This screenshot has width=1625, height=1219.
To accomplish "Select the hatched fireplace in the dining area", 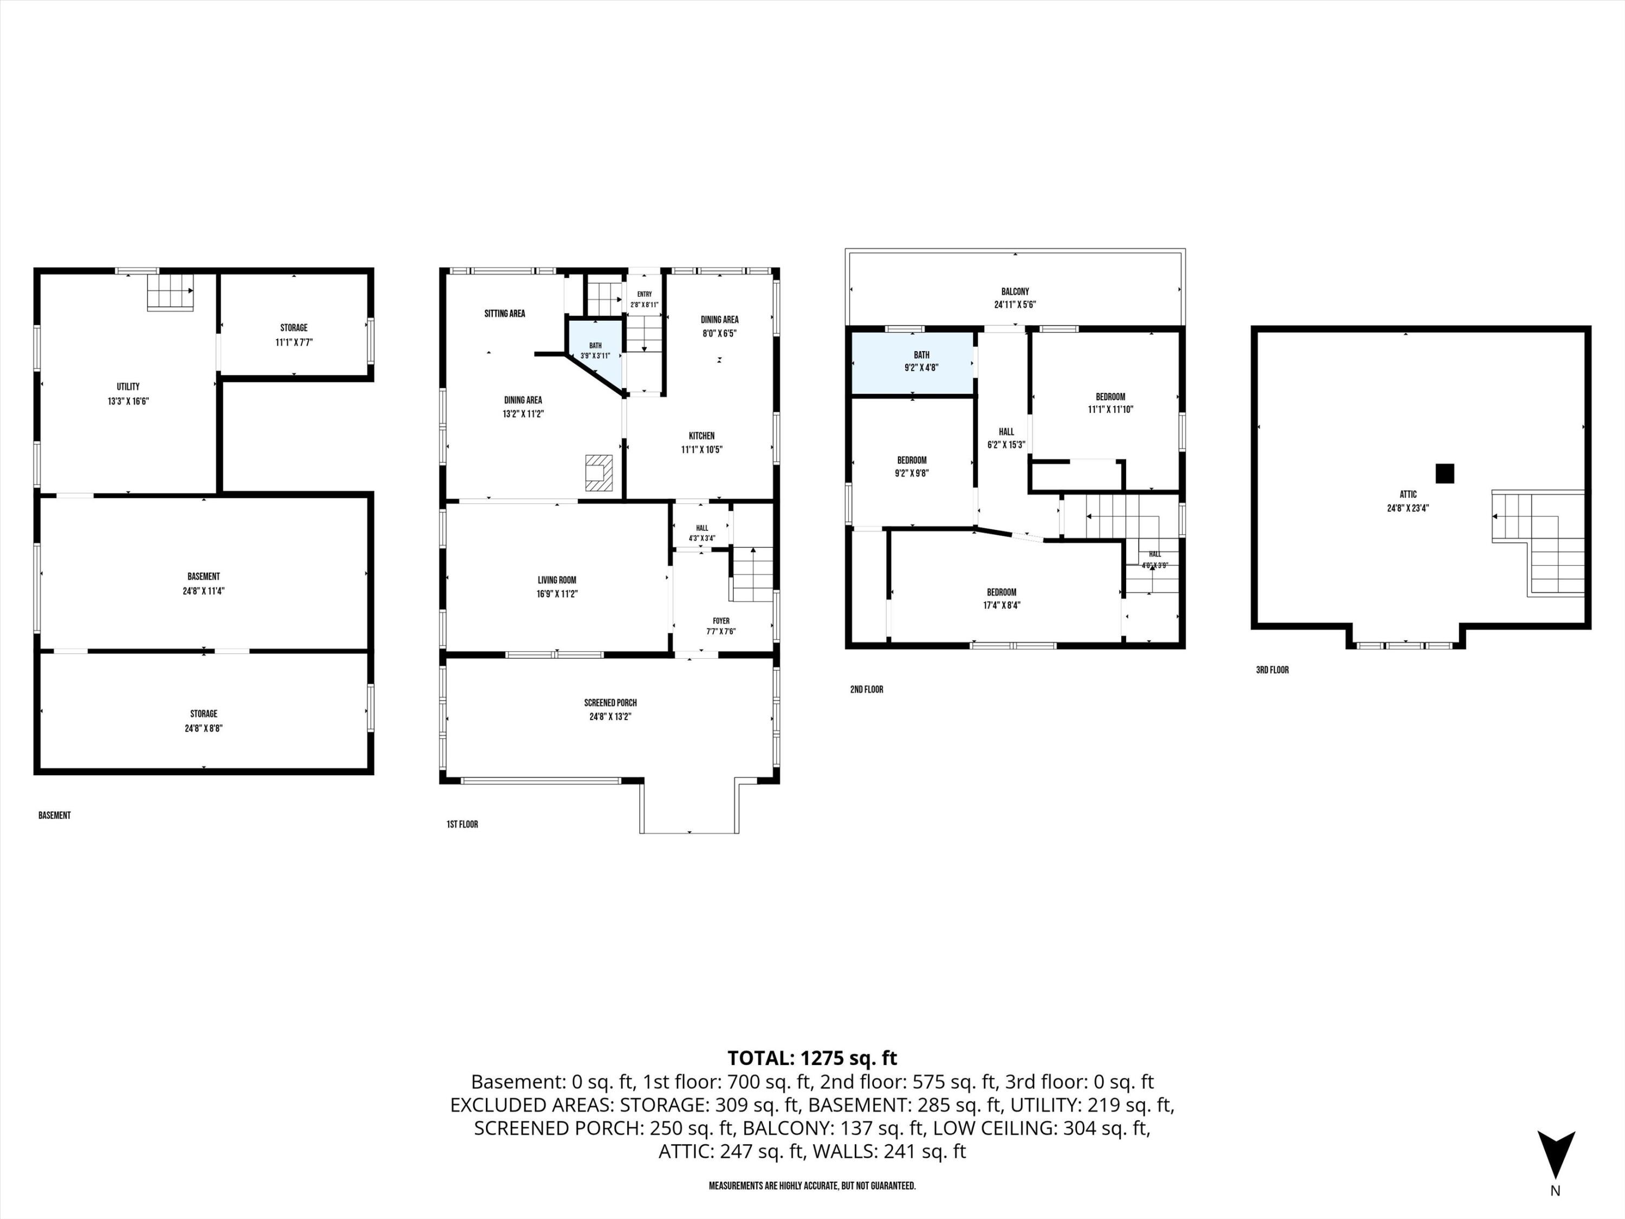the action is click(x=598, y=473).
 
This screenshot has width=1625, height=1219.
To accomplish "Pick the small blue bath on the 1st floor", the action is click(x=594, y=351).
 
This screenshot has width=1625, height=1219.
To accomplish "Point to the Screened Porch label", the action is click(x=610, y=703).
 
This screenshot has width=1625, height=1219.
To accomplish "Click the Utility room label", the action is click(x=128, y=386).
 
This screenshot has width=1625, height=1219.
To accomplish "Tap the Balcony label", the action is click(x=1015, y=291).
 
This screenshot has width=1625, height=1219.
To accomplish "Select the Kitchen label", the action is click(x=701, y=436).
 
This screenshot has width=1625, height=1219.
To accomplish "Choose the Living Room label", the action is click(x=557, y=580).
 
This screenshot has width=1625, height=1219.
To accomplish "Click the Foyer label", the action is click(x=720, y=621).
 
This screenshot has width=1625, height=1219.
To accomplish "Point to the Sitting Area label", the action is click(x=505, y=314).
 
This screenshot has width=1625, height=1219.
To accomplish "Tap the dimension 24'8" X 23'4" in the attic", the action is click(x=1408, y=508).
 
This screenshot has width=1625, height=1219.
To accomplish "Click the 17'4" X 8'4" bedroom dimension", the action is click(x=1002, y=606).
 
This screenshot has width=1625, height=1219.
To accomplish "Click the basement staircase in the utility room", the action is click(x=171, y=291).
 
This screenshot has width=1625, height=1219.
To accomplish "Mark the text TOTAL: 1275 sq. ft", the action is click(x=812, y=1058).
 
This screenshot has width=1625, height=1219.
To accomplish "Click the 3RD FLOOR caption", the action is click(x=1272, y=670).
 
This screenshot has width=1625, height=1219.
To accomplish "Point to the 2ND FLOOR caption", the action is click(x=867, y=689).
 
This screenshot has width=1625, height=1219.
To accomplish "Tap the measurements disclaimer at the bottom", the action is click(x=812, y=1186).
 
